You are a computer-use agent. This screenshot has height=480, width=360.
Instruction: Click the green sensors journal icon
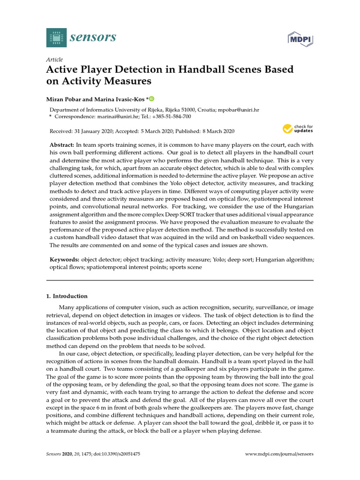click(56, 37)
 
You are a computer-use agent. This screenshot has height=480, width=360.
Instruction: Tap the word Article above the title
click(54, 60)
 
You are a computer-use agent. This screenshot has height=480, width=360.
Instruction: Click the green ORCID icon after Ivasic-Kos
click(152, 98)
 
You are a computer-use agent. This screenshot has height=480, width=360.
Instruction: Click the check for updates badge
click(298, 128)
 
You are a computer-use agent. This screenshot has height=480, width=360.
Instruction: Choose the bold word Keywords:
click(64, 259)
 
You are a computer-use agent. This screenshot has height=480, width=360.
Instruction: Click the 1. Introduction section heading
click(67, 296)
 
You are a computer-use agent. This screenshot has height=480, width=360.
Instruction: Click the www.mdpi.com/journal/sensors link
click(279, 454)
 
